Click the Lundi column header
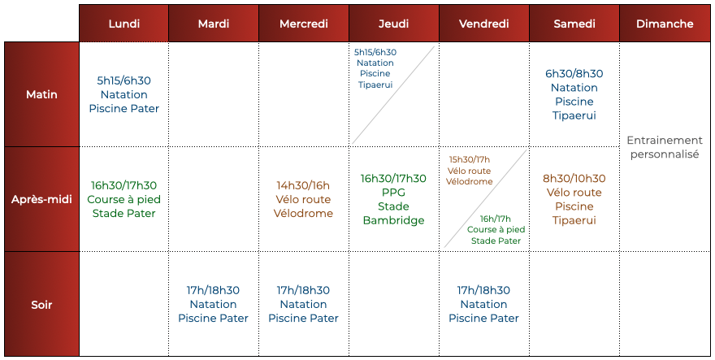coord(124,24)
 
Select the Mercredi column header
coord(304,24)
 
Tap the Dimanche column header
coord(665,24)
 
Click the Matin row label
coord(41,94)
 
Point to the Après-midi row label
coord(41,199)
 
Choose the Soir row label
coord(41,305)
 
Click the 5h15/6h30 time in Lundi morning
coord(124,80)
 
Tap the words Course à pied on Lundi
coord(124,200)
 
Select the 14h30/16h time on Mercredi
coord(303,186)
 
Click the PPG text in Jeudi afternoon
coord(393,193)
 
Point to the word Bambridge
coord(393,220)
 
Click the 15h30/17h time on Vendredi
coord(470,160)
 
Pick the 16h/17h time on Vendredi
coord(496,219)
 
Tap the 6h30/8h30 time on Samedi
coord(574,74)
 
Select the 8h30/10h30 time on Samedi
coord(574,179)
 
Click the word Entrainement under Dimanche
coord(665,140)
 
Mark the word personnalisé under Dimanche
coord(665,154)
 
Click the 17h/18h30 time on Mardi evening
coord(213,291)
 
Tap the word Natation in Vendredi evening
coord(483,305)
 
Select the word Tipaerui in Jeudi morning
coord(375,85)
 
